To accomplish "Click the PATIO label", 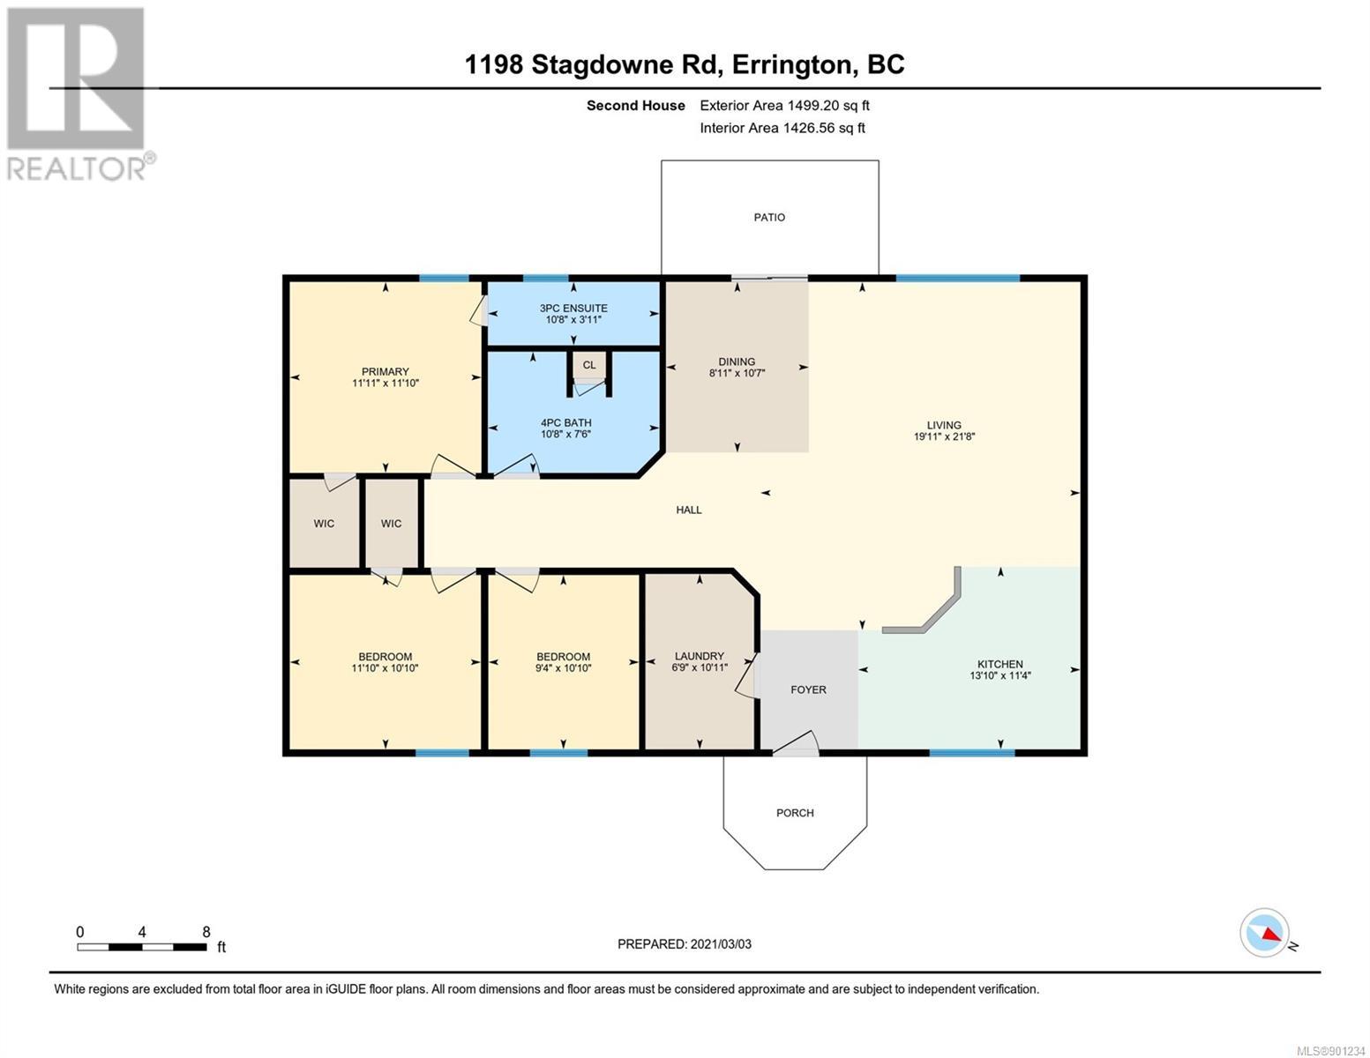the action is [x=769, y=218].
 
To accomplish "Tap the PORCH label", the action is [x=795, y=813].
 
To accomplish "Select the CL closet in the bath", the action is [x=589, y=365].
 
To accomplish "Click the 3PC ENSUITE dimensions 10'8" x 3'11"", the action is [x=573, y=319].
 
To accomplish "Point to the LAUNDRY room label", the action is [x=700, y=656].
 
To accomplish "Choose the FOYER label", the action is [x=808, y=690].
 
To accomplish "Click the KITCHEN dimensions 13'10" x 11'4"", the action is [x=999, y=675].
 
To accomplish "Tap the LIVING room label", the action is [x=944, y=425].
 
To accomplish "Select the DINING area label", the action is [x=737, y=361].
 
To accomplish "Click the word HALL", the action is [x=688, y=510].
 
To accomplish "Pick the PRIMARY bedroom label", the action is [x=386, y=372].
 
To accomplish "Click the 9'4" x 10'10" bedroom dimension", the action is [x=563, y=668].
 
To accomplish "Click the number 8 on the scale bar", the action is [x=206, y=932].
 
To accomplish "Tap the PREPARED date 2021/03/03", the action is [x=721, y=944].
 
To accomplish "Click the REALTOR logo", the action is [x=79, y=94].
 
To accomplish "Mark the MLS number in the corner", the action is [x=1331, y=1051].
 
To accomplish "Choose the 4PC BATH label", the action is [x=565, y=423].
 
